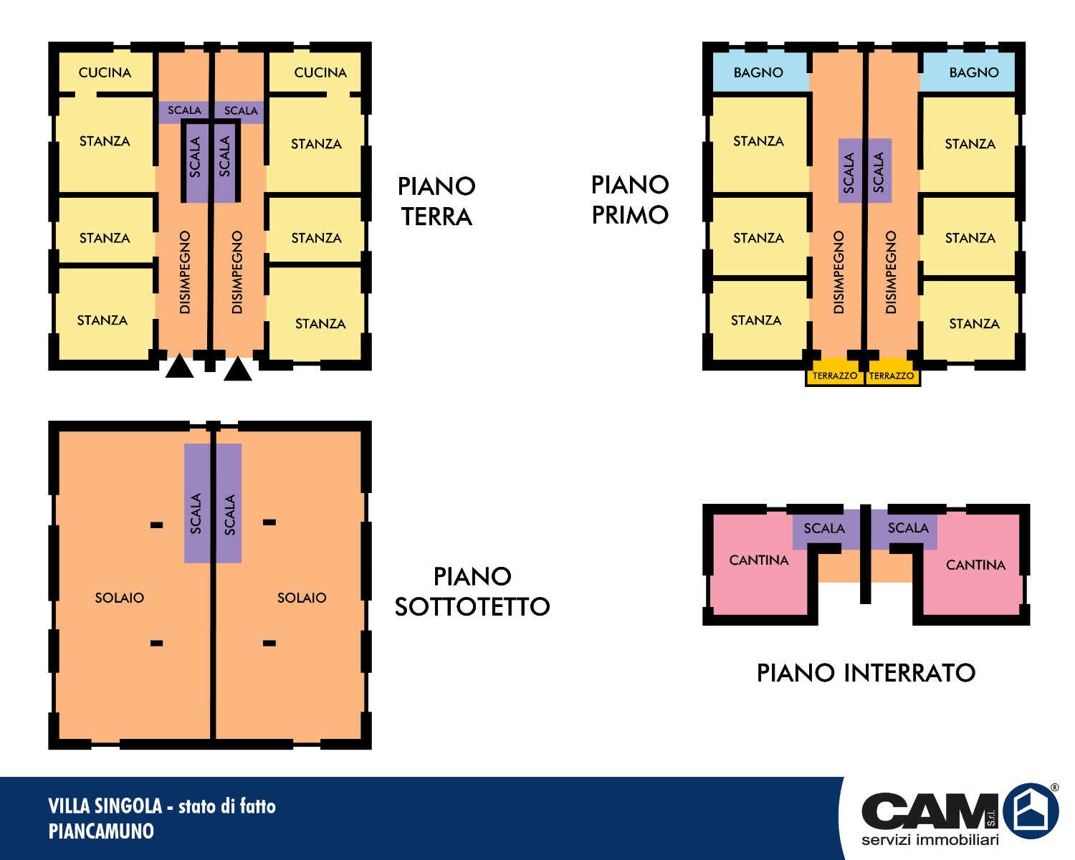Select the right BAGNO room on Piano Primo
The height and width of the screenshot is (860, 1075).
click(968, 72)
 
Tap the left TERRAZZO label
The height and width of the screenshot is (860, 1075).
click(834, 376)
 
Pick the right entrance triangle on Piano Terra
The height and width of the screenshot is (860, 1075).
click(238, 369)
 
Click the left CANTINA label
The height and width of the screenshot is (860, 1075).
click(759, 560)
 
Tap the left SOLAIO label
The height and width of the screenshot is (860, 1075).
click(120, 598)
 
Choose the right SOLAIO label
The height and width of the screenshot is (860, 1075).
click(302, 598)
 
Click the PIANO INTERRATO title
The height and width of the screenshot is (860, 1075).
click(866, 673)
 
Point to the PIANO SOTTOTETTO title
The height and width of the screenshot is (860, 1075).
click(472, 592)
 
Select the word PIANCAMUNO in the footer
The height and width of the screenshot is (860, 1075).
click(101, 831)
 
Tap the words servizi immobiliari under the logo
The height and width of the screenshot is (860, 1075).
click(930, 839)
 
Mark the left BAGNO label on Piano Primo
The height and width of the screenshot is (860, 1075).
click(758, 72)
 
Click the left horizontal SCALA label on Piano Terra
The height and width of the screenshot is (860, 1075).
click(184, 110)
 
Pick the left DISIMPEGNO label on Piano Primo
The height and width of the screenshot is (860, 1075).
click(838, 272)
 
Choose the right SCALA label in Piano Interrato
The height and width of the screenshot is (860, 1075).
click(908, 527)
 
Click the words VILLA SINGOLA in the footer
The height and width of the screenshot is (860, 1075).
click(105, 806)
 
